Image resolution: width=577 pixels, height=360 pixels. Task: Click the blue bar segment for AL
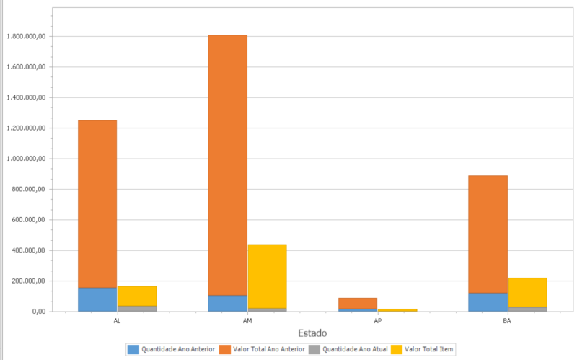(97, 299)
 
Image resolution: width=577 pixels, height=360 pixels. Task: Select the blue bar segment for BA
(488, 302)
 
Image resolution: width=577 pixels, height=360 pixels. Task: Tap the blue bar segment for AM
(227, 303)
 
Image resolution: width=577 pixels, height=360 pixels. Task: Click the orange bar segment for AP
(358, 303)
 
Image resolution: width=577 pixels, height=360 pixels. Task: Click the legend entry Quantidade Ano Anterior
(172, 349)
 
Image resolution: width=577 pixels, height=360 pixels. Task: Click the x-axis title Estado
(312, 333)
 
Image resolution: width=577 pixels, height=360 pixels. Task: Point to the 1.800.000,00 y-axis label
(26, 36)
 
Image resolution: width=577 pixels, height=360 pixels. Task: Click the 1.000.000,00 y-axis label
(26, 159)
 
